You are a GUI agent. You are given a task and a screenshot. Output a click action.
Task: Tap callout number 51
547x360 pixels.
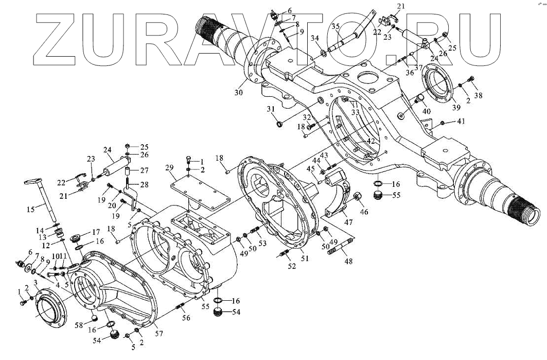pos(305,259)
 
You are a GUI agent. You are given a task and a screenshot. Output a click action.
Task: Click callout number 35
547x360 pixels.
pos(337,27)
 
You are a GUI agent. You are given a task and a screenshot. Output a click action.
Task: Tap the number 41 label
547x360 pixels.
pos(461,122)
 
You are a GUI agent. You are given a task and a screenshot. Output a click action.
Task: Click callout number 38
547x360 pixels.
pos(478,96)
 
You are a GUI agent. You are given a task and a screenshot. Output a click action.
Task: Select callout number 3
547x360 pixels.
pos(36,284)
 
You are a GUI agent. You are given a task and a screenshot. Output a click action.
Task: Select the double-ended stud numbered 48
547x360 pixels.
pos(341,249)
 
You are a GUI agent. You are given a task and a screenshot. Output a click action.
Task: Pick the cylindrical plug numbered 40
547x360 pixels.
pos(420,97)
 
